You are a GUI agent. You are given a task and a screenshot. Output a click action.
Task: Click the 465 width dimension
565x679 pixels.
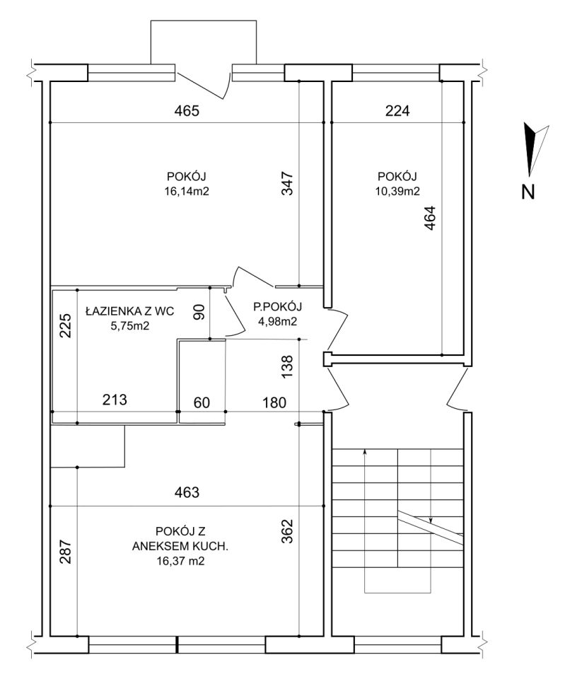click(x=187, y=111)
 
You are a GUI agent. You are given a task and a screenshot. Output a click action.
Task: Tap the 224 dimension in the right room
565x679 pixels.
click(x=397, y=111)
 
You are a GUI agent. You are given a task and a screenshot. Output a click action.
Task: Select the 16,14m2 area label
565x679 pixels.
click(x=187, y=192)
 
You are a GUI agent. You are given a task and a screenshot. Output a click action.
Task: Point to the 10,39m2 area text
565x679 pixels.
click(x=397, y=192)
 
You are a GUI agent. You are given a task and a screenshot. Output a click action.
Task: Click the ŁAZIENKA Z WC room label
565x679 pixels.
click(x=130, y=311)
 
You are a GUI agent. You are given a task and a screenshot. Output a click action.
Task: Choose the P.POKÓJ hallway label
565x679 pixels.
click(x=277, y=306)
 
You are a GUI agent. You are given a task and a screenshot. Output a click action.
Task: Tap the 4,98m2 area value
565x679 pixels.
click(x=277, y=322)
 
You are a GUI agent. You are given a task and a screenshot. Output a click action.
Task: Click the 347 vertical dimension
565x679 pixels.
click(x=288, y=184)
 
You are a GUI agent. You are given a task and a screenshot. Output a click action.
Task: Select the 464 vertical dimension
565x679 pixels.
click(x=429, y=218)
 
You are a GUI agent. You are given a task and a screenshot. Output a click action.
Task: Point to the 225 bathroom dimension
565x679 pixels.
click(x=65, y=325)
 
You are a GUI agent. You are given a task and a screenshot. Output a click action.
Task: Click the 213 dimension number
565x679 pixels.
click(x=115, y=399)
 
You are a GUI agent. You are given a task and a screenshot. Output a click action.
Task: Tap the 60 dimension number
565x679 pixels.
click(x=202, y=402)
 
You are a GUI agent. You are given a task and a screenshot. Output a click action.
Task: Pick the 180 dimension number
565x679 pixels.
click(x=274, y=402)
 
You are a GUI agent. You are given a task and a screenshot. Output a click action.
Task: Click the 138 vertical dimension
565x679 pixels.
click(x=288, y=367)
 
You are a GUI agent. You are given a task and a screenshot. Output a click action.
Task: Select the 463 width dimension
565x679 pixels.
click(x=187, y=492)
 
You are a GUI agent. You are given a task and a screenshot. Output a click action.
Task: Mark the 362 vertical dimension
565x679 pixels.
click(x=288, y=531)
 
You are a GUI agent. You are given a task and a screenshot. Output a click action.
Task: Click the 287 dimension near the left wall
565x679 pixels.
click(x=65, y=551)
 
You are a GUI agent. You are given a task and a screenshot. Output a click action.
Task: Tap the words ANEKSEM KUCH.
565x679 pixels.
click(x=180, y=547)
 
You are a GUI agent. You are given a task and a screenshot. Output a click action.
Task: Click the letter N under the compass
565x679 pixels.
click(x=528, y=192)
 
